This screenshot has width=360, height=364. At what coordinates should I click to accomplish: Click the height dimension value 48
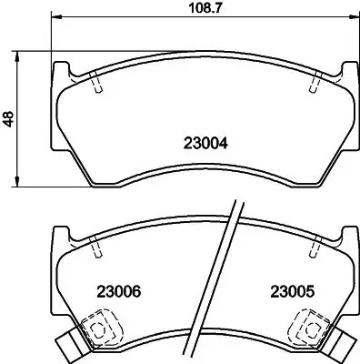point(8,118)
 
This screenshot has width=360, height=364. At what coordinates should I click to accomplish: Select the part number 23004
point(205,142)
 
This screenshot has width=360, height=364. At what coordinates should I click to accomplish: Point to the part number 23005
point(291,292)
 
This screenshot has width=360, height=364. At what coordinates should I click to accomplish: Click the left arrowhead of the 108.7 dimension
point(55,19)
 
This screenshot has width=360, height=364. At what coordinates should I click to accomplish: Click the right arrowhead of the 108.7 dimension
point(351,19)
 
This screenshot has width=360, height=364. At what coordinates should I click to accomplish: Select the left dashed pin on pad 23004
point(95,83)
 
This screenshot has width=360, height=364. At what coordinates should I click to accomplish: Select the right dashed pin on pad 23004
point(314,83)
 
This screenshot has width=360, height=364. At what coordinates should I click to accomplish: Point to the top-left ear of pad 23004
point(61,69)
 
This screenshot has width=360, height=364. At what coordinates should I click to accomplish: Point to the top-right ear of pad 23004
point(346,69)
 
